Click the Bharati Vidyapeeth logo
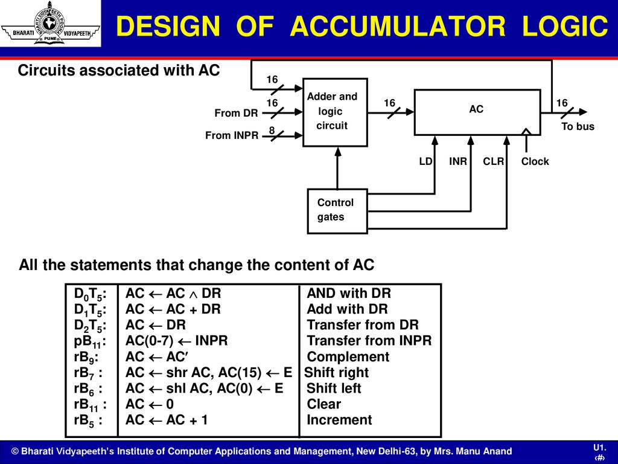tap(51, 24)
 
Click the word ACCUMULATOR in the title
tap(398, 26)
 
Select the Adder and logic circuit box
tap(335, 112)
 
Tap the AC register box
tap(477, 112)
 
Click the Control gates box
tap(337, 211)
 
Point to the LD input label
tap(425, 161)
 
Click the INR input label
tap(458, 161)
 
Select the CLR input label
tap(494, 161)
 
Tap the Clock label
tap(535, 161)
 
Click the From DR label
tap(236, 113)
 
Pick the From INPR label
tap(232, 135)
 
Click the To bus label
tap(578, 126)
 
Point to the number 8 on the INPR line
tap(272, 130)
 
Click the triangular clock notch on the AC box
tap(526, 132)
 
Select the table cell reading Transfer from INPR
tap(369, 341)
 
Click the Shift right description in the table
tap(336, 372)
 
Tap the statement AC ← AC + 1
tap(167, 420)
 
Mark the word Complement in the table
tap(348, 356)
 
